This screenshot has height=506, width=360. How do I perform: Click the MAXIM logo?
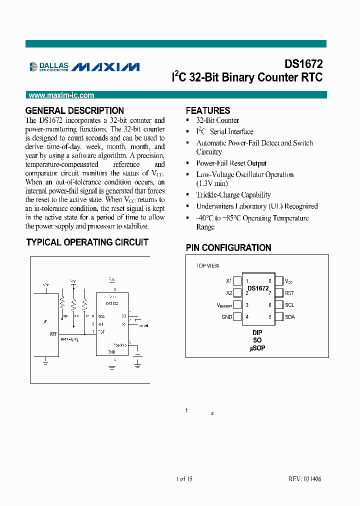(106, 66)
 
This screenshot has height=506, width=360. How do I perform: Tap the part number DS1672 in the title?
(303, 64)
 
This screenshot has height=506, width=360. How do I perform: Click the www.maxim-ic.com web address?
(61, 95)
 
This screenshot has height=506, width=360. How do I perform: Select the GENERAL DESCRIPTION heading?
(74, 110)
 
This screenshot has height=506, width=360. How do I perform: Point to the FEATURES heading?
(208, 110)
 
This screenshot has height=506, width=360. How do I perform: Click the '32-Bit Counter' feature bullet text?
(217, 120)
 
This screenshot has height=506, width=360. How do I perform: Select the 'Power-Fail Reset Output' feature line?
(231, 163)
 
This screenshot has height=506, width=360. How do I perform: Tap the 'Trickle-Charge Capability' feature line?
(233, 195)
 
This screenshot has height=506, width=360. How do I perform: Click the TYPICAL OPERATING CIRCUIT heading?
(87, 242)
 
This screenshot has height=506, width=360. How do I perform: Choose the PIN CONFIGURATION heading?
(228, 247)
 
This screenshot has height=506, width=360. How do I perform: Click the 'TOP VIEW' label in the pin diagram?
(207, 266)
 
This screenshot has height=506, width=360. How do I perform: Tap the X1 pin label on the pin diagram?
(229, 281)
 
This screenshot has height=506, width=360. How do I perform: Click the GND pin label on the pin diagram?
(226, 317)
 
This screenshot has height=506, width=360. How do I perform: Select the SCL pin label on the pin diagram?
(289, 305)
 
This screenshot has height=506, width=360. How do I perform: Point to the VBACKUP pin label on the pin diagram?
(224, 305)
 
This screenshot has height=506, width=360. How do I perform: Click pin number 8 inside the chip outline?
(270, 281)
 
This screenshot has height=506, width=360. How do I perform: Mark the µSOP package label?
(257, 348)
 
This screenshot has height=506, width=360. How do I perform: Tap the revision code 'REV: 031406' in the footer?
(305, 479)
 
